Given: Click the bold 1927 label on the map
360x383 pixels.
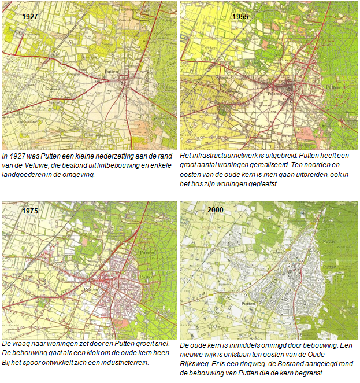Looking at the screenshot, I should click(x=30, y=17).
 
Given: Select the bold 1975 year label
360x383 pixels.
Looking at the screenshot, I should click(x=29, y=211).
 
